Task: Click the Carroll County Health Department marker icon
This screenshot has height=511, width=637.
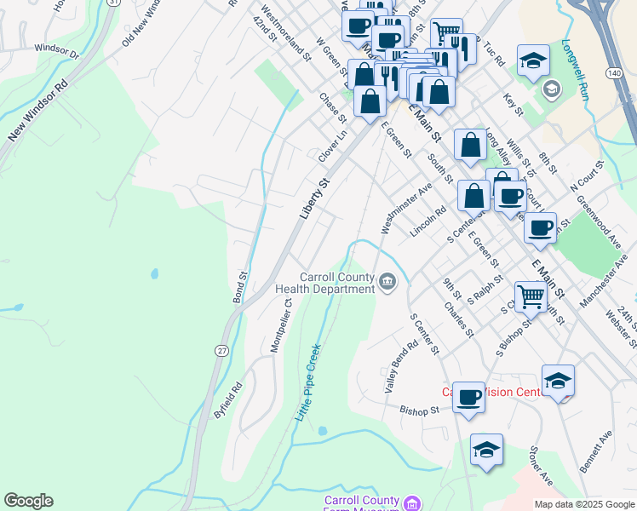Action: pos(387,281)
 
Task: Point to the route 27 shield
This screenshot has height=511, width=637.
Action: pos(221,350)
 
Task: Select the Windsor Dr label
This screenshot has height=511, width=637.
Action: pos(55,53)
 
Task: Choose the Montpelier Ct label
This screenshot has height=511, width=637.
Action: pos(282,324)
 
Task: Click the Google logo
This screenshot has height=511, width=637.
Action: pos(28,501)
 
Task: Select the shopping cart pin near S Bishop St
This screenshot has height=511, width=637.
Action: pos(531,297)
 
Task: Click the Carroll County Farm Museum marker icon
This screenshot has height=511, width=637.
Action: pos(411,503)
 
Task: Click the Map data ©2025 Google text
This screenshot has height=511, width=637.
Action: pos(583,504)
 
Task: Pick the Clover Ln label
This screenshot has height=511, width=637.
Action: pos(333,146)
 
